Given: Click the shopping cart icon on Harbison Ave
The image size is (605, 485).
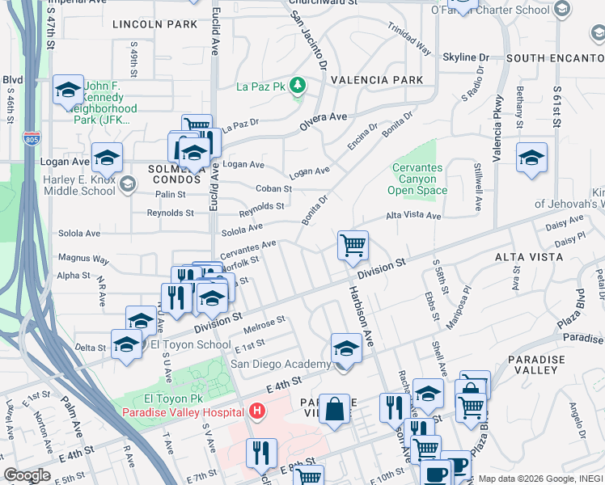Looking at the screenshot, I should tap(353, 245).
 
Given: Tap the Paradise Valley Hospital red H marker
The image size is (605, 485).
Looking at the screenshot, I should tap(256, 412).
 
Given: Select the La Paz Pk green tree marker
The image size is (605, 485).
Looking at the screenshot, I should tap(298, 84).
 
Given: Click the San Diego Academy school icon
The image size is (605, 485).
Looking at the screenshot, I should tap(345, 349).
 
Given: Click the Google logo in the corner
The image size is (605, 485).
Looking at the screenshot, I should tap(27, 474).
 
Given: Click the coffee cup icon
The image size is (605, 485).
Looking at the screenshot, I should tap(438, 473).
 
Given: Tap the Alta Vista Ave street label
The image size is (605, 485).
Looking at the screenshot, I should tap(412, 216).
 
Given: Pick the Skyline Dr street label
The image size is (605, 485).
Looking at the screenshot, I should tap(466, 57).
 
